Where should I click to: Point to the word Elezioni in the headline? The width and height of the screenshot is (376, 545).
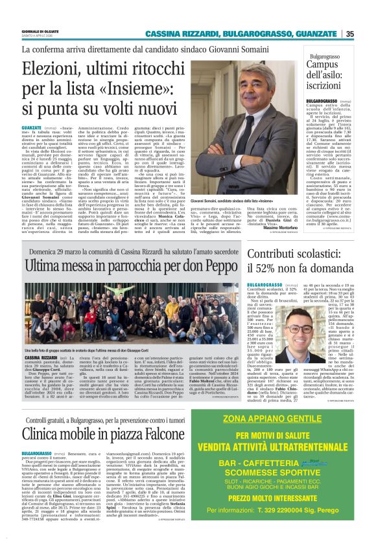point(57,68)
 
